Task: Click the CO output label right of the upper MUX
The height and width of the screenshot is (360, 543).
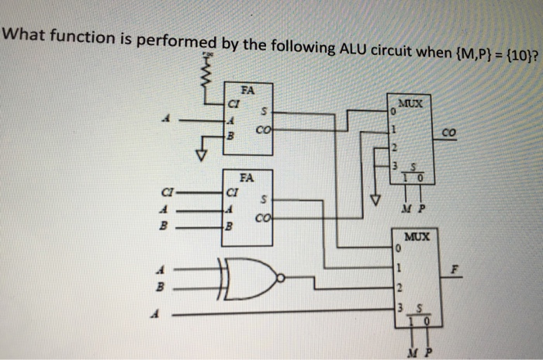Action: [x=450, y=134]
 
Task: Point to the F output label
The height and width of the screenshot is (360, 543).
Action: [x=457, y=272]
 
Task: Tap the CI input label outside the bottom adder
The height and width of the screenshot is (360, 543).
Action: [x=166, y=190]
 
